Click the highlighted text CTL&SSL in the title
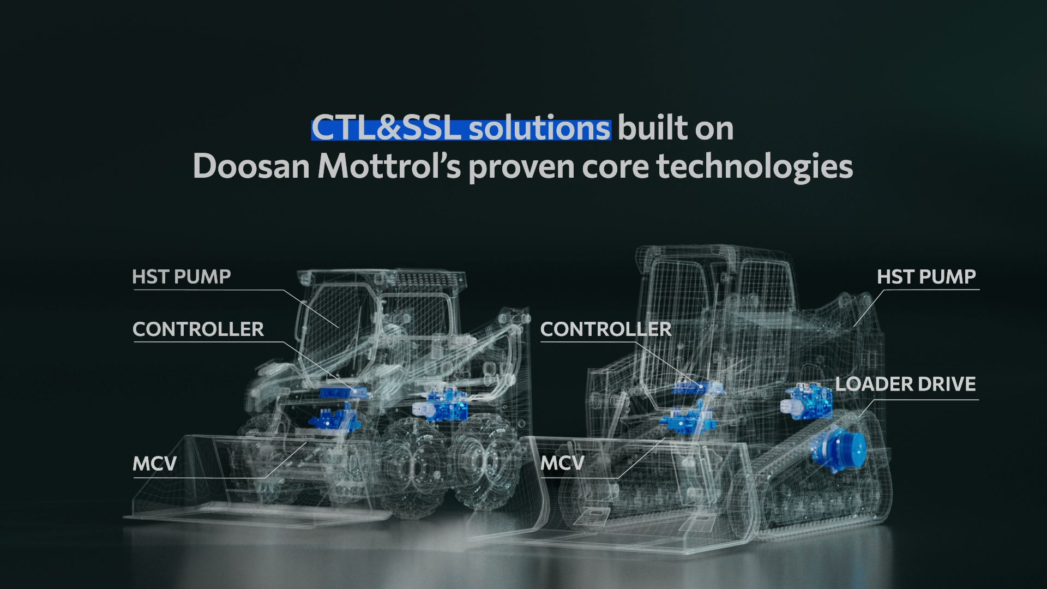[387, 129]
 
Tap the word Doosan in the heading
[251, 166]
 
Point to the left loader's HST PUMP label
[182, 277]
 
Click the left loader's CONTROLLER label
[198, 329]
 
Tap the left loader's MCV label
[155, 464]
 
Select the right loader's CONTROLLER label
[606, 329]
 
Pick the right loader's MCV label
[562, 463]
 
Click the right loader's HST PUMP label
[926, 277]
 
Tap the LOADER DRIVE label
[906, 384]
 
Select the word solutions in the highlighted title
[539, 129]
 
